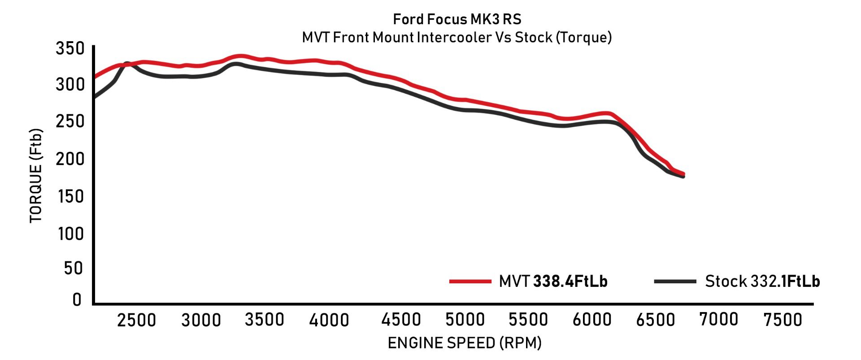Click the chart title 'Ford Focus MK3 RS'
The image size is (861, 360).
457,19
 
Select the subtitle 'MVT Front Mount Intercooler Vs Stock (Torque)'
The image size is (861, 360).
457,37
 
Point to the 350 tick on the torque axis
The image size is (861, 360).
70,48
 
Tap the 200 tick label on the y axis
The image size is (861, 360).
70,159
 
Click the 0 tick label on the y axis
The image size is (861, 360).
77,299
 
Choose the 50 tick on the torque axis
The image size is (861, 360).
74,268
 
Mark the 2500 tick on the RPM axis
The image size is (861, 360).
136,320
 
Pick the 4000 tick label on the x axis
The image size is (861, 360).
330,320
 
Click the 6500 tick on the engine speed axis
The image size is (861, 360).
656,320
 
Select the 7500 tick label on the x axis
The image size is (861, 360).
783,320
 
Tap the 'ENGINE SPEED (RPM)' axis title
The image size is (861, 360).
465,343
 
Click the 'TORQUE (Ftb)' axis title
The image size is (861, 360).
36,176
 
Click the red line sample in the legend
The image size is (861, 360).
470,282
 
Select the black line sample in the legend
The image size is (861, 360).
675,282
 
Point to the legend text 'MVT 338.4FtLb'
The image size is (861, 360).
553,282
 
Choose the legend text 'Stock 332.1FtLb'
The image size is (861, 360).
762,282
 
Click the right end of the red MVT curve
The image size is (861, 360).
683,173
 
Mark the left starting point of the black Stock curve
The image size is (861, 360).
95,97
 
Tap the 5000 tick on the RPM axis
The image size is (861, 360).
465,320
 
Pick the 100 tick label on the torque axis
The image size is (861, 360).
71,234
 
